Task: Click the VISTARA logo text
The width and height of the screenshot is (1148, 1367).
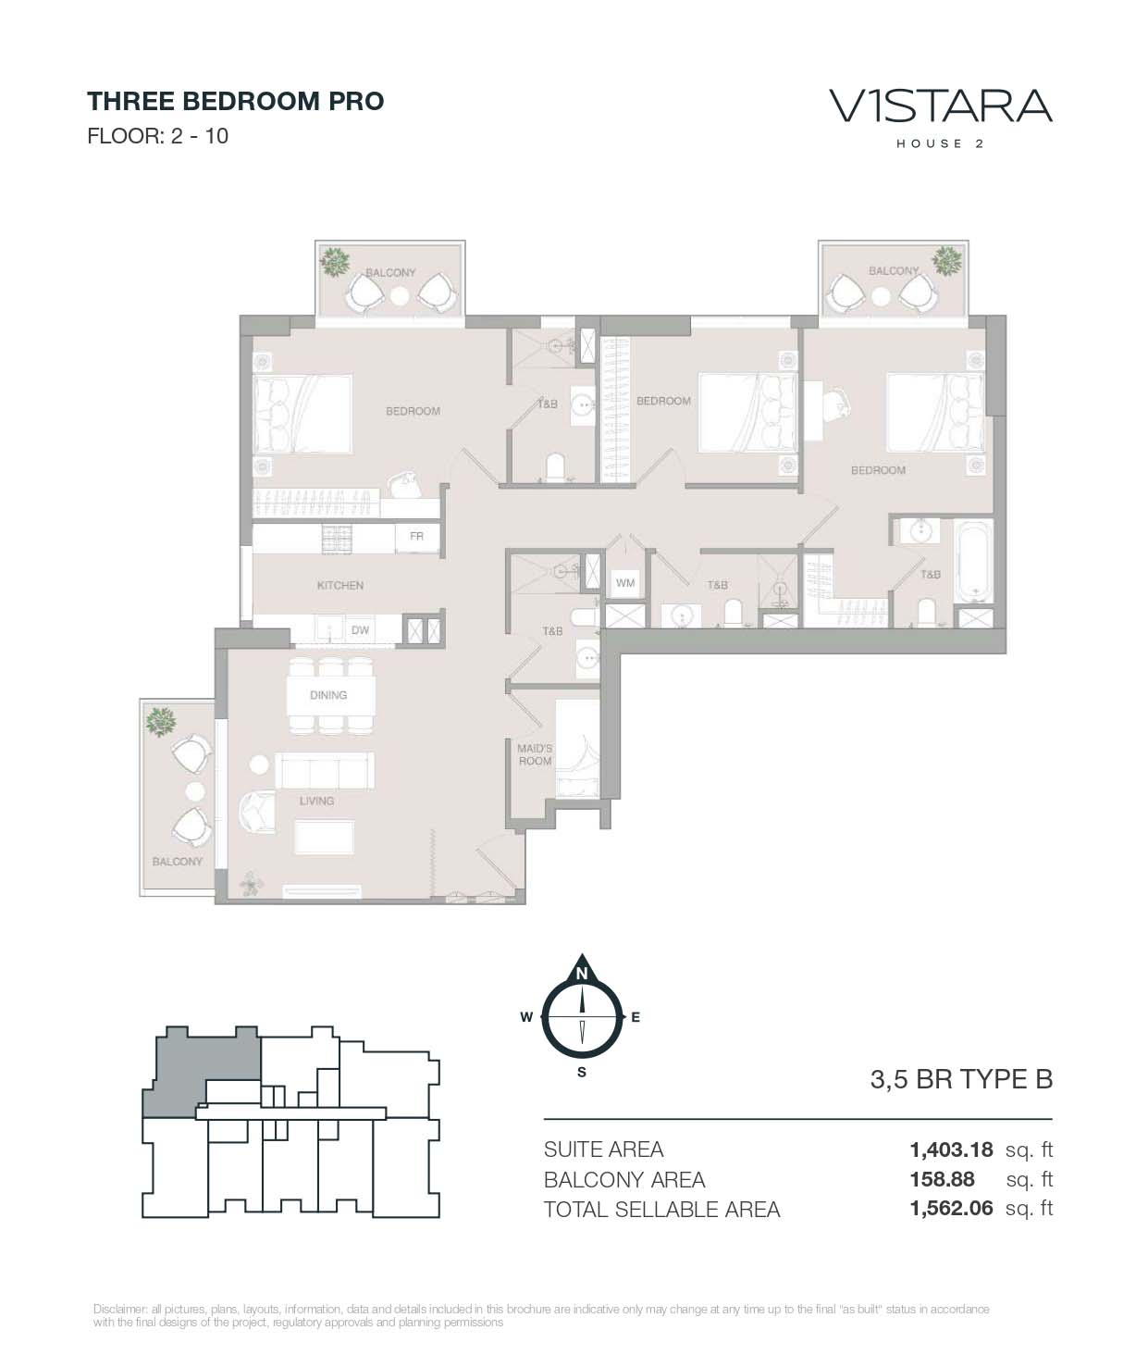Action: tap(941, 106)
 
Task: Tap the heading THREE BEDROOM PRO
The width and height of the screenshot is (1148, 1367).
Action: tap(236, 102)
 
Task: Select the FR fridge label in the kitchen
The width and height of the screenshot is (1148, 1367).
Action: tap(416, 536)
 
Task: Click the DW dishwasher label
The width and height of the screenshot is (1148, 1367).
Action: tap(360, 629)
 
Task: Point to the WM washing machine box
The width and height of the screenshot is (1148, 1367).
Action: tap(625, 583)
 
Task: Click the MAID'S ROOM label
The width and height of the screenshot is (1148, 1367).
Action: tap(535, 754)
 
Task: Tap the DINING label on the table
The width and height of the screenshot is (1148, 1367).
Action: tap(328, 695)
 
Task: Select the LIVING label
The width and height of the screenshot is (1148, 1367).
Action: tap(316, 801)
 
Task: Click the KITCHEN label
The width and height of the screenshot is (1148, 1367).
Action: tap(340, 585)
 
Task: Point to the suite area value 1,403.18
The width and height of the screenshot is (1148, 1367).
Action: tap(952, 1150)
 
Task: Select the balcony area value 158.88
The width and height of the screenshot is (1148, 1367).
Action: tap(942, 1179)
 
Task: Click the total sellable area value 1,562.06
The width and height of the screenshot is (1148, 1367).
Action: tap(952, 1209)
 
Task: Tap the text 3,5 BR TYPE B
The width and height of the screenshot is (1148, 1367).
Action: tap(961, 1079)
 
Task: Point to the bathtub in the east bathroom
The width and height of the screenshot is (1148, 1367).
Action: tap(973, 561)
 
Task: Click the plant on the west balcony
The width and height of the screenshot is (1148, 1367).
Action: tap(160, 722)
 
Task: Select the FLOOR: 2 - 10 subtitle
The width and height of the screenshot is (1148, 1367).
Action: tap(158, 136)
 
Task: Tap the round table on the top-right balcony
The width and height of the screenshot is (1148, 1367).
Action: tap(881, 296)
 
